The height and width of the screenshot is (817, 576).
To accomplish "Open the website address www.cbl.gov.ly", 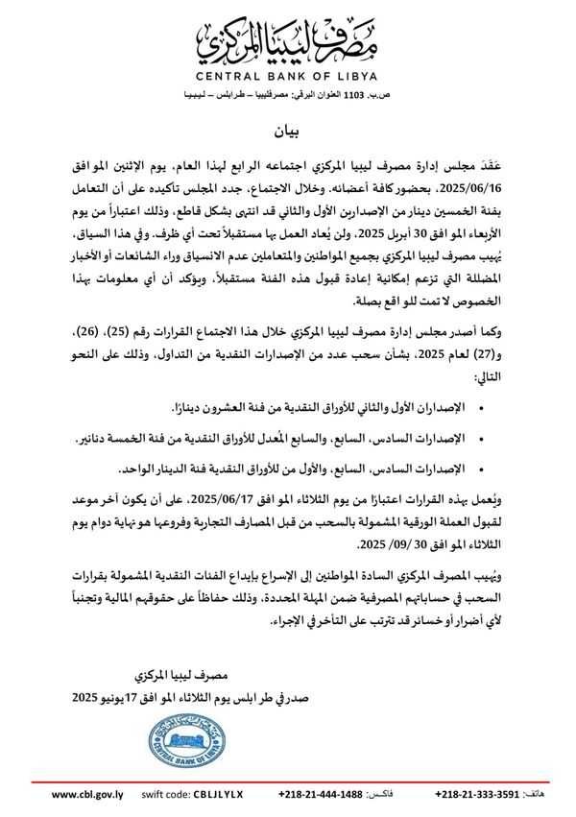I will click(x=88, y=795).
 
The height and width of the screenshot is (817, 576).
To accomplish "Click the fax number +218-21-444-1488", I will click(x=321, y=795).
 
